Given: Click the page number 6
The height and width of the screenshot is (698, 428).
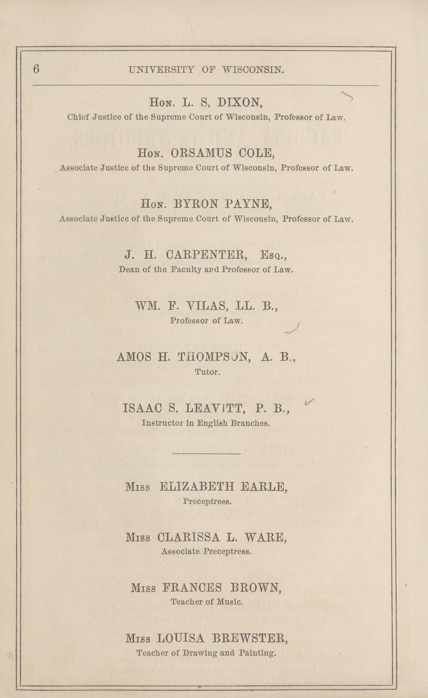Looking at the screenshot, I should [36, 69].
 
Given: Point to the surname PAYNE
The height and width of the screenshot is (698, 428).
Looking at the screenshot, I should [245, 204].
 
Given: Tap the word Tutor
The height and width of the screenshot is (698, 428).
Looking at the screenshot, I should [206, 372].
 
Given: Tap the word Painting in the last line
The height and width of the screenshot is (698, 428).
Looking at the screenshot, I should [257, 653].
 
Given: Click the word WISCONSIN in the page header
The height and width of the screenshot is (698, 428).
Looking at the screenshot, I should [253, 69].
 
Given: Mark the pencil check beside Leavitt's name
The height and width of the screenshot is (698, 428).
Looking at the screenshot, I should [309, 402].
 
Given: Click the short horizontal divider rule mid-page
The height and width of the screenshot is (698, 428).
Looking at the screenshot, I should [206, 454].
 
